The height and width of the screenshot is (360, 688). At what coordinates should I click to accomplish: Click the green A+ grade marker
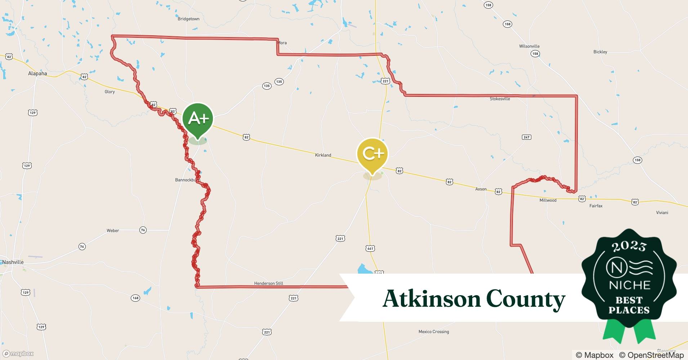click(198, 119)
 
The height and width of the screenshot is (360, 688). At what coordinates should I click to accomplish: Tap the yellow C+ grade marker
click(372, 154)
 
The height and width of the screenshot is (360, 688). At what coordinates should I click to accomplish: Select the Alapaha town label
click(37, 73)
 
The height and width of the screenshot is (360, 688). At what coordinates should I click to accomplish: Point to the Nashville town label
click(13, 262)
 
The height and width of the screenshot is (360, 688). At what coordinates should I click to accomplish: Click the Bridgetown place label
click(188, 19)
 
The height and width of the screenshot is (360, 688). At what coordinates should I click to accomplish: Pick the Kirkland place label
click(323, 155)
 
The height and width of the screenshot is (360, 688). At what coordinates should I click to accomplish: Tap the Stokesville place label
click(500, 99)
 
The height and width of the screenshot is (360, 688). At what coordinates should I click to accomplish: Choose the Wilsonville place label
click(529, 46)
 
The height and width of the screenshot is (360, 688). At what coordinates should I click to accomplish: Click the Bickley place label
click(600, 52)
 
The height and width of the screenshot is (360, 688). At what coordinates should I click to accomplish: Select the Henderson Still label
click(269, 283)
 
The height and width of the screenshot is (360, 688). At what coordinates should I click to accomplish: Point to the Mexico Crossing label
click(434, 332)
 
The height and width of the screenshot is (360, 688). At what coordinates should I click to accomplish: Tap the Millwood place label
click(548, 200)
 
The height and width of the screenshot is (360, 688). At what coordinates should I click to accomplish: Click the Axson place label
click(481, 189)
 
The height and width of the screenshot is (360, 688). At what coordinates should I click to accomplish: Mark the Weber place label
click(113, 230)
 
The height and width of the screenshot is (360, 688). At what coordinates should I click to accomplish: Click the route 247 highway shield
click(526, 137)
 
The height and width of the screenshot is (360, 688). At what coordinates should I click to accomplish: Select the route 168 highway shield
click(135, 298)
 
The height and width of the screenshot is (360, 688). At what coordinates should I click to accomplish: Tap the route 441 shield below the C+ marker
click(370, 248)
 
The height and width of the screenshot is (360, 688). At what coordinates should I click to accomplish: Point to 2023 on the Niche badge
click(629, 247)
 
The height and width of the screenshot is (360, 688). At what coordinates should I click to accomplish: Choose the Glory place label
click(110, 92)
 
